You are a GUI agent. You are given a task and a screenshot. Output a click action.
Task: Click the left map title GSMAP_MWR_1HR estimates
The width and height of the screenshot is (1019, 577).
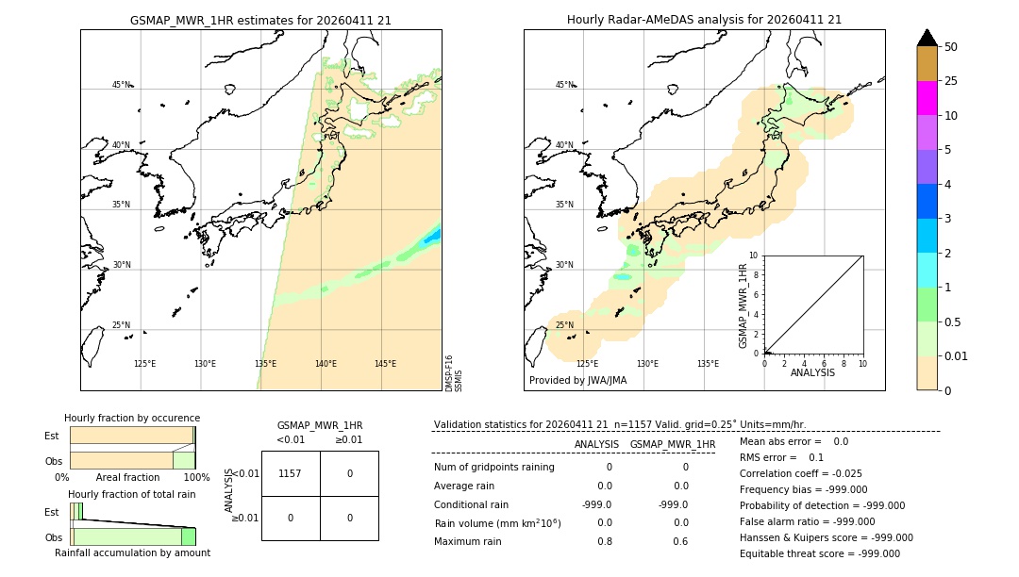pyautogui.click(x=260, y=20)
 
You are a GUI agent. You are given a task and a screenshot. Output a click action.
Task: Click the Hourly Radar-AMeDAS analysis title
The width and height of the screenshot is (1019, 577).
pyautogui.click(x=704, y=20)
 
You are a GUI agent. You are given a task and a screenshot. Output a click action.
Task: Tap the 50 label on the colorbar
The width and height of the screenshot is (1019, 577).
pyautogui.click(x=951, y=47)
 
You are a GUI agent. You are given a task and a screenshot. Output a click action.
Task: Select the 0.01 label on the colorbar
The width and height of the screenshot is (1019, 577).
pyautogui.click(x=957, y=356)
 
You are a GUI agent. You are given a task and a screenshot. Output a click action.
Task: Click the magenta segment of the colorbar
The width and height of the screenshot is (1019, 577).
pyautogui.click(x=927, y=98)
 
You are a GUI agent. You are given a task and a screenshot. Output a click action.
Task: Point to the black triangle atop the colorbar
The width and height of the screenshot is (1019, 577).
pyautogui.click(x=927, y=38)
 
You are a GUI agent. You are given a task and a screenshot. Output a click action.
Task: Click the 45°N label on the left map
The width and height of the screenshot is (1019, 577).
pyautogui.click(x=122, y=85)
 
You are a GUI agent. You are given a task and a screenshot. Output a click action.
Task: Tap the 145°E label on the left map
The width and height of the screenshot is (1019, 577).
pyautogui.click(x=385, y=364)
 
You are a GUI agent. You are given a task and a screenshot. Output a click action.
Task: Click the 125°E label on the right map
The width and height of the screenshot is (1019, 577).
pyautogui.click(x=587, y=364)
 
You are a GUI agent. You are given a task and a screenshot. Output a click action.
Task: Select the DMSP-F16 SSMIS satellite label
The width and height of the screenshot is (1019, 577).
pyautogui.click(x=454, y=372)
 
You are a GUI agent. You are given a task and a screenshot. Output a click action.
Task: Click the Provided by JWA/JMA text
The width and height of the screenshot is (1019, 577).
pyautogui.click(x=577, y=381)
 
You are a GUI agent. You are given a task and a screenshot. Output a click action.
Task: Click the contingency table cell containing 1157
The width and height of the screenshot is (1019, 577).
pyautogui.click(x=290, y=473)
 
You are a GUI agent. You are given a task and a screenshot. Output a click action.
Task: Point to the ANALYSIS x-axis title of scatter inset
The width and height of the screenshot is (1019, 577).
pyautogui.click(x=813, y=373)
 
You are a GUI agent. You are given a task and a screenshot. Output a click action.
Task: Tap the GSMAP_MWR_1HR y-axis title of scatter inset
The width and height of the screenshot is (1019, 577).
pyautogui.click(x=743, y=305)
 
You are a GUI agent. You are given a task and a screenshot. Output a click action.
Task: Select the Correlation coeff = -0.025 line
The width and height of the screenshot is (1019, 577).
pyautogui.click(x=800, y=474)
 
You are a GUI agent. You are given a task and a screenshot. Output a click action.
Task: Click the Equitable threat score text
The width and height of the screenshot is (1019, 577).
pyautogui.click(x=819, y=554)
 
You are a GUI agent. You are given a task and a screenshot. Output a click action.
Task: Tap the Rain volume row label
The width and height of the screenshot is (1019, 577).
pyautogui.click(x=497, y=523)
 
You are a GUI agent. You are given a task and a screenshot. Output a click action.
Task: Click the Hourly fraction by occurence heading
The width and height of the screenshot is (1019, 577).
pyautogui.click(x=132, y=419)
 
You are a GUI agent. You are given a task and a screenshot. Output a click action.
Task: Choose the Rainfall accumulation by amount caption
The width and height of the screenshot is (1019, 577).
pyautogui.click(x=132, y=553)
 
